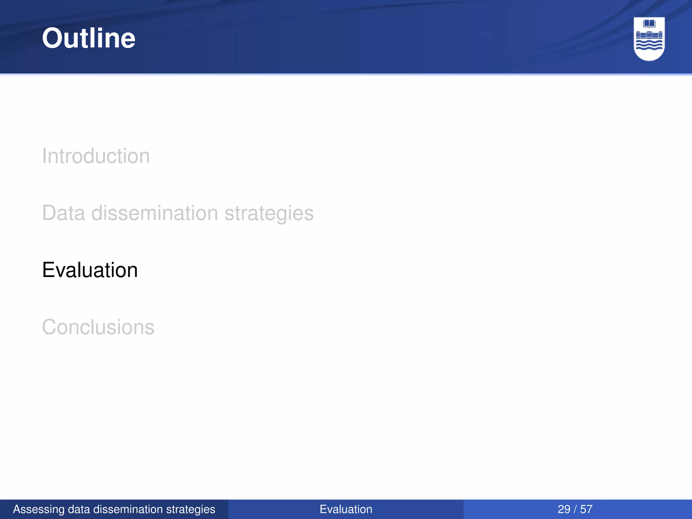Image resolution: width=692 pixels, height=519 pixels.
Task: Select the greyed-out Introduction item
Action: pyautogui.click(x=96, y=156)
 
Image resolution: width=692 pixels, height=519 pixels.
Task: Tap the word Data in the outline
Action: pyautogui.click(x=64, y=213)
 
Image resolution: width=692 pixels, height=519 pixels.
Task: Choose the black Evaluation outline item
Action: pyautogui.click(x=90, y=270)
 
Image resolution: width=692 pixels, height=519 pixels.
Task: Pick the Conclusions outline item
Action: pyautogui.click(x=98, y=327)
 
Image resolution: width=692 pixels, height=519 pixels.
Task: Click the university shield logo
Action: pyautogui.click(x=649, y=39)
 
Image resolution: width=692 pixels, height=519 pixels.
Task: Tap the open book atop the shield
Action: pyautogui.click(x=649, y=24)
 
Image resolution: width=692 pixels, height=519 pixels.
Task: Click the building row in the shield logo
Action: pyautogui.click(x=649, y=35)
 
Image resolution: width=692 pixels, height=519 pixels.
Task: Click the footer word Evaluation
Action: pyautogui.click(x=346, y=509)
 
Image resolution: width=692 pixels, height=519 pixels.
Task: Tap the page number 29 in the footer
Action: pyautogui.click(x=564, y=509)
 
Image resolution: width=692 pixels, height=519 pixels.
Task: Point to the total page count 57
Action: pyautogui.click(x=586, y=509)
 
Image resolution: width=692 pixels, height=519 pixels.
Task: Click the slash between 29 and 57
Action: pyautogui.click(x=575, y=509)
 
